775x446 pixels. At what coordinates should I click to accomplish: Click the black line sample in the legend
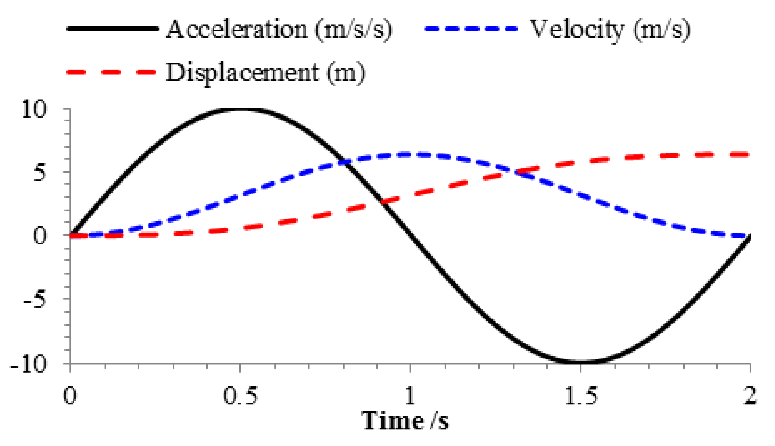point(113,29)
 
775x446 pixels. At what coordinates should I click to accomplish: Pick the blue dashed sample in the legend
point(471,29)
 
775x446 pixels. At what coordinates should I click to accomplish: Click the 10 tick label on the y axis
point(34,110)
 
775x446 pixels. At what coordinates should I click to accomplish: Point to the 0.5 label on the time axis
point(240,396)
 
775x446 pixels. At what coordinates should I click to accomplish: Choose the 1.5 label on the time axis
point(581,396)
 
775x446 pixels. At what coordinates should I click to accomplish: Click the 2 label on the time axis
point(750,396)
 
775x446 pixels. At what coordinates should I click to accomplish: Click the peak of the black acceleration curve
point(241,109)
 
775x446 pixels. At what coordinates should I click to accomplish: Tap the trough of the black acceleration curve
point(580,362)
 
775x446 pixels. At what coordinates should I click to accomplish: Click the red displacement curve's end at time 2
point(748,154)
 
